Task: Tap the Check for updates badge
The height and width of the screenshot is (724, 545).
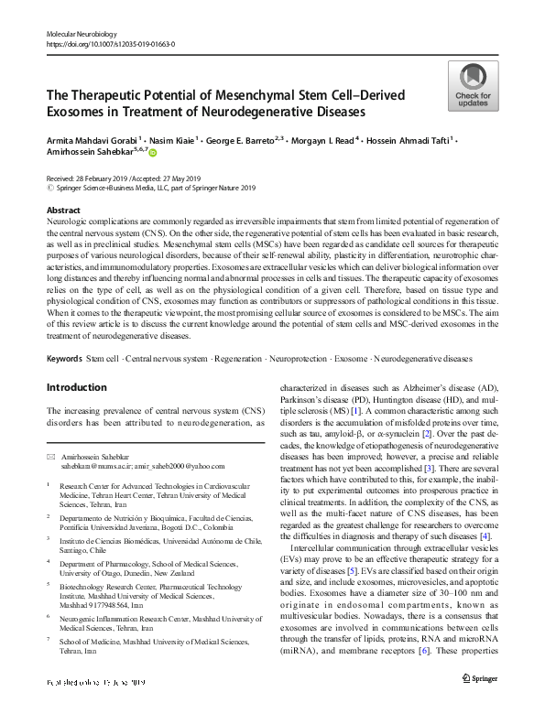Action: (x=474, y=85)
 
